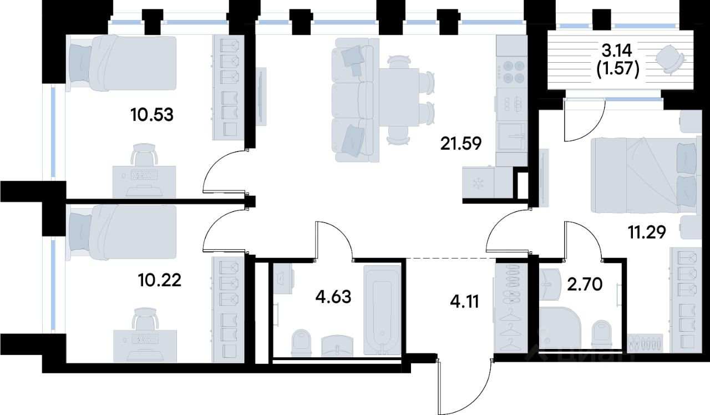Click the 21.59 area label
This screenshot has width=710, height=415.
[461, 144]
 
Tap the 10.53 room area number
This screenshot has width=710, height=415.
[152, 115]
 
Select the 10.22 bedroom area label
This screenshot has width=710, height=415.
[159, 280]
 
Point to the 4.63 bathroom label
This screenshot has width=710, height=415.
[333, 297]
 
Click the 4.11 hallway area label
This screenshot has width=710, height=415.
[464, 301]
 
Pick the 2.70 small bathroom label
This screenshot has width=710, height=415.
[585, 285]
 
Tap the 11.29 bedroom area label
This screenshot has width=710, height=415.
[647, 232]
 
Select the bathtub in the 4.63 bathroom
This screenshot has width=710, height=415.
[382, 310]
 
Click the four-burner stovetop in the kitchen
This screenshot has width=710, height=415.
[511, 72]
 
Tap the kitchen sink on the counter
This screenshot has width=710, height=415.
[511, 136]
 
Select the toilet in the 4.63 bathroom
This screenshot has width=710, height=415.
[301, 343]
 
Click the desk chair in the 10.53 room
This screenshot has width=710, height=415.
[145, 155]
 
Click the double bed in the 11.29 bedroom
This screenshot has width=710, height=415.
[644, 175]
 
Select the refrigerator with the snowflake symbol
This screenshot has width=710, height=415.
[478, 183]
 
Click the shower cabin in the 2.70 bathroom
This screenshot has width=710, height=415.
[560, 330]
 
